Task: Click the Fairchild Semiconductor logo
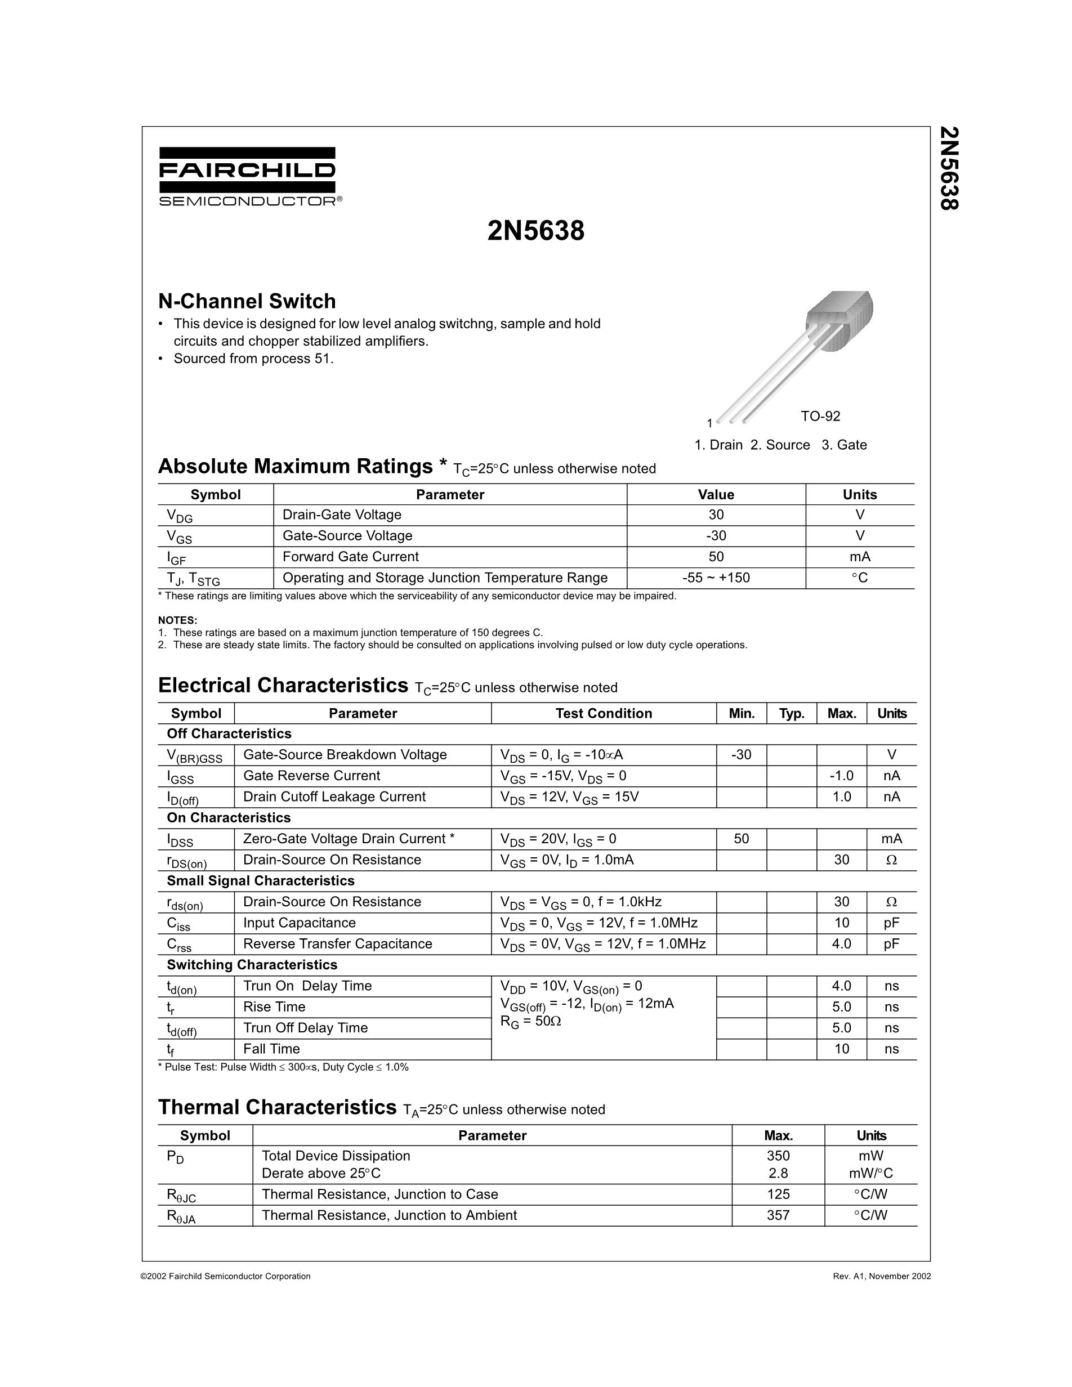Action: coord(247,176)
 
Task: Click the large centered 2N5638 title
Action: coord(535,231)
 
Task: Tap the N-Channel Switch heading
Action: coord(247,301)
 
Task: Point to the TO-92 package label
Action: coord(820,416)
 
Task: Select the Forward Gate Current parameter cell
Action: coord(351,557)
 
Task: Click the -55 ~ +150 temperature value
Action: coord(716,578)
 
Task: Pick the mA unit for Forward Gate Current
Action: coord(859,557)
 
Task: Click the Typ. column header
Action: coord(791,713)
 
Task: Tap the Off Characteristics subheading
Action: coord(229,733)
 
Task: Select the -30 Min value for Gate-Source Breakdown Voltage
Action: coord(741,754)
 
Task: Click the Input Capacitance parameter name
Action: coord(299,923)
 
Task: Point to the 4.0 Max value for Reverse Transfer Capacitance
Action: coord(842,944)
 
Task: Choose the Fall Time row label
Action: coord(271,1049)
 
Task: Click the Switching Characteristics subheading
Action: coord(252,965)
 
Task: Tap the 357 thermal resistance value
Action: coord(778,1215)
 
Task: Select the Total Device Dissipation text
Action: coord(336,1156)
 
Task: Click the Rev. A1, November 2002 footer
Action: coord(882,1276)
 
